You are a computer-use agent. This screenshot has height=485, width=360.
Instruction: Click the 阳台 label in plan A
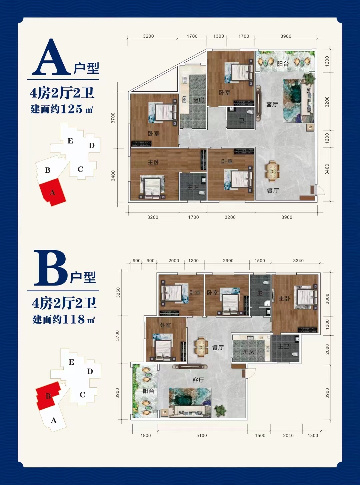tap(283, 64)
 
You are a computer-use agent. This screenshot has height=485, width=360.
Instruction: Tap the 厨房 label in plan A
tap(198, 100)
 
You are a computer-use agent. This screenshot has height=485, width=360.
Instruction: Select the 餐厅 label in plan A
tap(273, 191)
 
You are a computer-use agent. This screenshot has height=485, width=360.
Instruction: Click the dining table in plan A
tap(272, 170)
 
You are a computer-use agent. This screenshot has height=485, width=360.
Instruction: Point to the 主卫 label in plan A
tap(193, 187)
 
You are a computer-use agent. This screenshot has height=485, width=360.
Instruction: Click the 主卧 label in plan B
tap(284, 298)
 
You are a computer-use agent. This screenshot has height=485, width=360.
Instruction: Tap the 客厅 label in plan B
tap(198, 380)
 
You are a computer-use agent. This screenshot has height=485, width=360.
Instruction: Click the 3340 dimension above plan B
tap(298, 261)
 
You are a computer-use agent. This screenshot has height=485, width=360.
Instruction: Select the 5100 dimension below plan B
tap(201, 435)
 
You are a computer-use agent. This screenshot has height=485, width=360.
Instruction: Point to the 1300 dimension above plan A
tap(218, 36)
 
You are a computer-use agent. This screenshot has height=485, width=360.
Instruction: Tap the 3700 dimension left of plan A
tap(113, 118)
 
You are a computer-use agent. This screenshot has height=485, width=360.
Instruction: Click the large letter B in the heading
tap(51, 268)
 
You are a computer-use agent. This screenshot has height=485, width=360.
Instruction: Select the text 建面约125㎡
tap(62, 109)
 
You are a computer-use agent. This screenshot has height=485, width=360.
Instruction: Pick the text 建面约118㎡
tap(64, 320)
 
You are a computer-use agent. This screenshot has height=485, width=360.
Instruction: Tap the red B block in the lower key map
tap(48, 396)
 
